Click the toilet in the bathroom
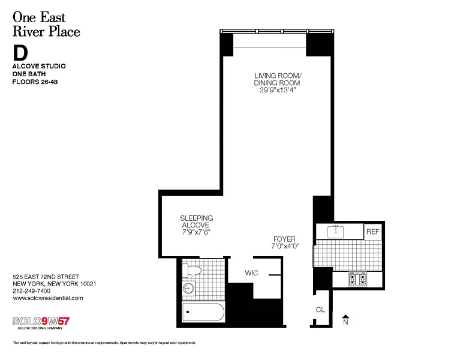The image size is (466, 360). tap(191, 271)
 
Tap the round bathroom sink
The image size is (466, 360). tap(188, 289)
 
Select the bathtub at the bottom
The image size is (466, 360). tap(203, 312)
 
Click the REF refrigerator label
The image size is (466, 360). tap(372, 232)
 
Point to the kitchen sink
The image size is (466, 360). tap(335, 232)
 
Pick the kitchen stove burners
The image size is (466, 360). tap(358, 279)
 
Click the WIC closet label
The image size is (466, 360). tap(251, 273)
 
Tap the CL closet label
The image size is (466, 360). tap(320, 310)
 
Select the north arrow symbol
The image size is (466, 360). tap(345, 320)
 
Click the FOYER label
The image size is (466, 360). tap(284, 239)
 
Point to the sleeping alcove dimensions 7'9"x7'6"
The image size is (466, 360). tap(197, 232)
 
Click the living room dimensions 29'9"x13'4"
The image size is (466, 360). tap(278, 90)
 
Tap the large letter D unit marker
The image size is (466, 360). tap(20, 53)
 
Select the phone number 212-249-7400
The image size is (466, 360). tap(32, 291)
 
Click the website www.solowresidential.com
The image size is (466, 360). tap(48, 298)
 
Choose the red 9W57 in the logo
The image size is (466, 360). tap(56, 322)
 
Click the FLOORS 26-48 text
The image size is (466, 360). tap(35, 82)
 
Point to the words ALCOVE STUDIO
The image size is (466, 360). tap(39, 66)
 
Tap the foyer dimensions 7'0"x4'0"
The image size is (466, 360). tap(285, 246)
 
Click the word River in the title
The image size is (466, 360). tap(27, 32)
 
